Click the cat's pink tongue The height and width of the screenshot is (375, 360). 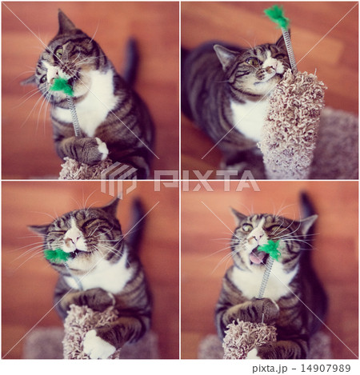click(x=257, y=257)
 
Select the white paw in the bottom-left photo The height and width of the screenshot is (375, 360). click(x=98, y=345)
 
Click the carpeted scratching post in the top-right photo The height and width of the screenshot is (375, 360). click(x=292, y=120)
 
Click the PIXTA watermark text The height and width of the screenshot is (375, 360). click(x=208, y=182)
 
